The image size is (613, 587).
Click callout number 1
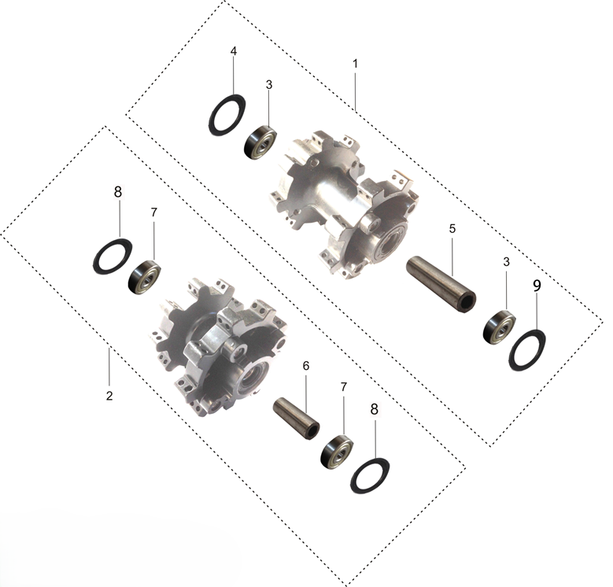pyautogui.click(x=355, y=64)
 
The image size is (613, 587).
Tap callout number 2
pyautogui.click(x=109, y=395)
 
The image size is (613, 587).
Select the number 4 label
pyautogui.click(x=234, y=51)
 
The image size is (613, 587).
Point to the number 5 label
pyautogui.click(x=452, y=229)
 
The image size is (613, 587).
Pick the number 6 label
pyautogui.click(x=306, y=366)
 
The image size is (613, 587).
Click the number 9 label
pyautogui.click(x=537, y=286)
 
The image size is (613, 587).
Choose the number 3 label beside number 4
pyautogui.click(x=269, y=85)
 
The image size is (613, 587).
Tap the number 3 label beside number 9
pyautogui.click(x=506, y=262)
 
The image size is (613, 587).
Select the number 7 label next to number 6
pyautogui.click(x=343, y=387)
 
